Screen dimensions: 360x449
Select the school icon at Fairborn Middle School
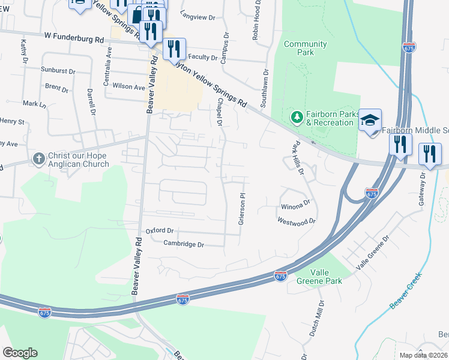tap(370, 120)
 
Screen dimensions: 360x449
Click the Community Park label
tap(306, 48)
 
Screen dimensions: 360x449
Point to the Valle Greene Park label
tap(318, 277)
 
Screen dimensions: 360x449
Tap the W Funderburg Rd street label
tap(73, 37)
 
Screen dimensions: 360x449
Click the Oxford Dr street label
tap(160, 230)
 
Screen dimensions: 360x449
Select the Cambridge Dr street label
tap(184, 245)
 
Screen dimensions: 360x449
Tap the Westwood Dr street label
tap(297, 221)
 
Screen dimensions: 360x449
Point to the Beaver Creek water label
tap(406, 291)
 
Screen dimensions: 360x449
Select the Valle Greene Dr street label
tap(373, 252)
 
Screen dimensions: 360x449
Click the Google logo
tap(20, 353)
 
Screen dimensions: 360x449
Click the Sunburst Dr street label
tap(58, 70)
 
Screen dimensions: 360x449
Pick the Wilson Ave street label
tap(129, 86)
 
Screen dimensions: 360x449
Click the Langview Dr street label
tap(197, 18)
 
